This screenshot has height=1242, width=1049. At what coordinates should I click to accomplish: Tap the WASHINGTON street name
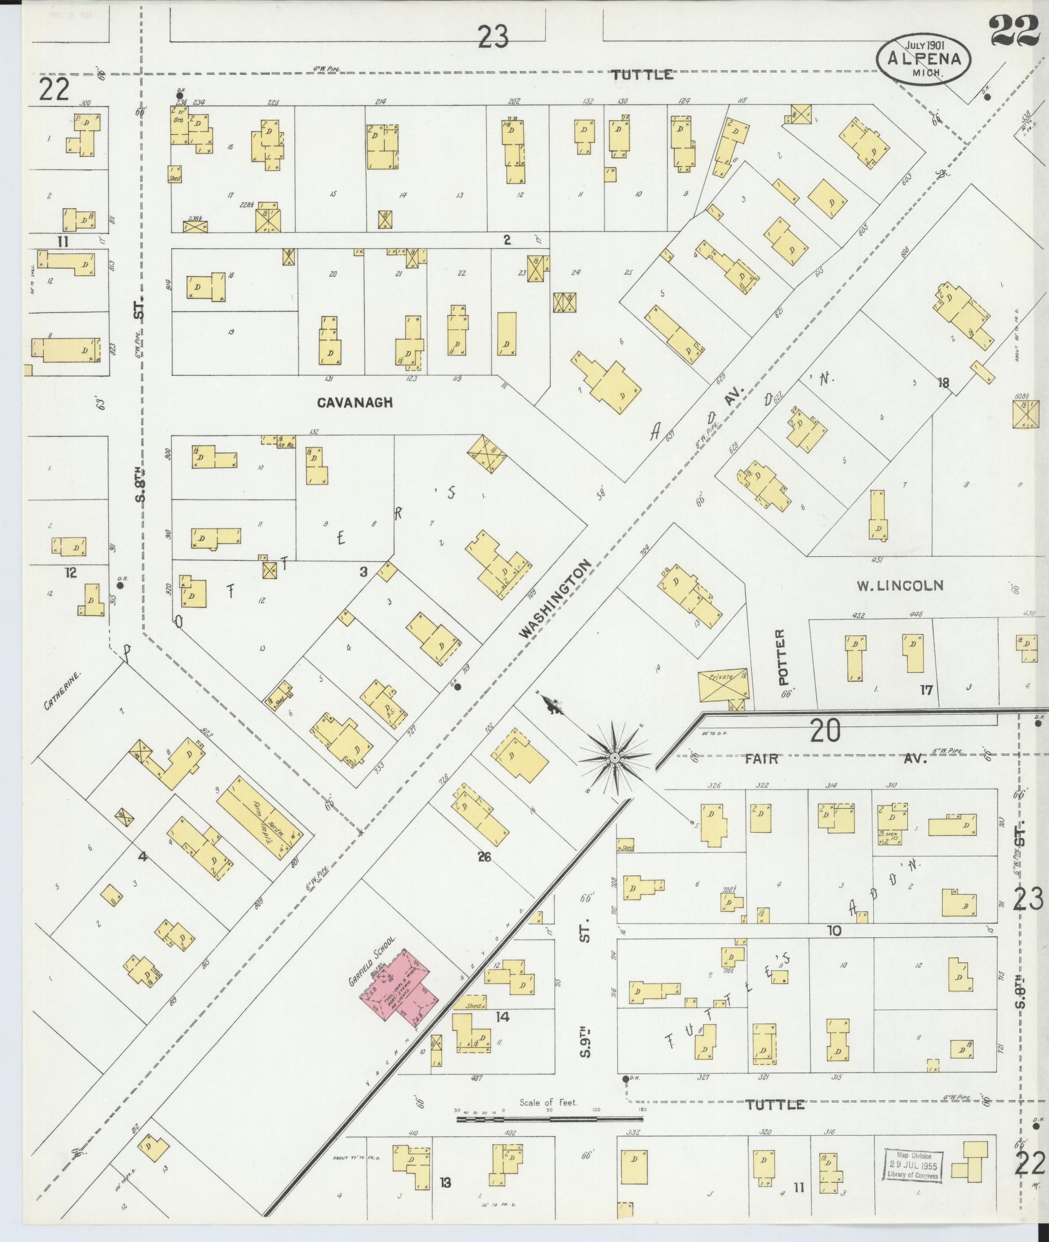555,599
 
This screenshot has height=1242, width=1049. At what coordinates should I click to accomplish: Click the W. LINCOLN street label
900,586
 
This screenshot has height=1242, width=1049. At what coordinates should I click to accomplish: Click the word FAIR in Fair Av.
762,759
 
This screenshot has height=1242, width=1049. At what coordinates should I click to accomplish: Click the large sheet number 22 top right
1014,31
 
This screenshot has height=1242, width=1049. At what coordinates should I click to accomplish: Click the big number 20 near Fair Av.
825,732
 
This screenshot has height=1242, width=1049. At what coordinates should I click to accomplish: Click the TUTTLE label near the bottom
775,1105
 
